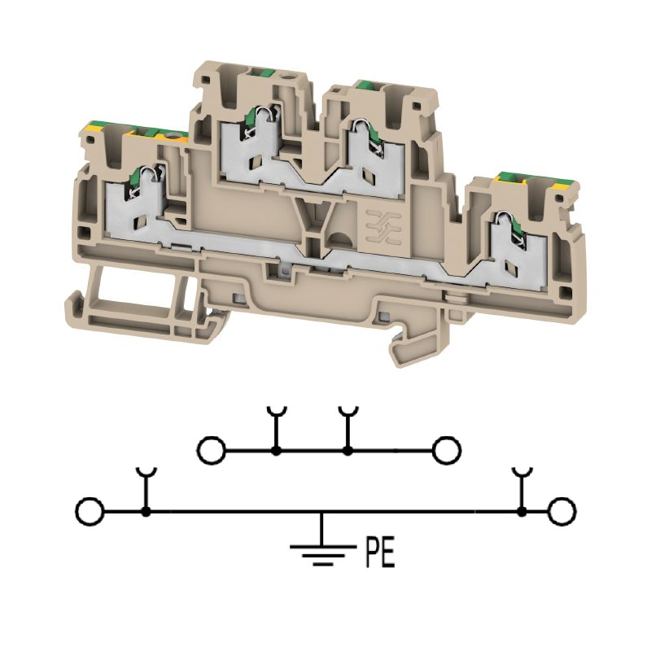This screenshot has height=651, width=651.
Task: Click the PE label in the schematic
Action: [x=380, y=553]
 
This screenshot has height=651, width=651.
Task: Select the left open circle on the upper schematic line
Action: [x=212, y=450]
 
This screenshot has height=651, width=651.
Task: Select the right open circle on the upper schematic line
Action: [x=447, y=450]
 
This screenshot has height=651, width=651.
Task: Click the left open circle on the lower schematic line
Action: [x=90, y=512]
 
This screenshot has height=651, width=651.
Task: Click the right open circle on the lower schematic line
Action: [x=561, y=511]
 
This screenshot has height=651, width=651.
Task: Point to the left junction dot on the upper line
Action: [x=275, y=451]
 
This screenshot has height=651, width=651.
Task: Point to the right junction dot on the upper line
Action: [x=348, y=451]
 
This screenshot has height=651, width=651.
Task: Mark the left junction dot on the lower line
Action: [x=146, y=512]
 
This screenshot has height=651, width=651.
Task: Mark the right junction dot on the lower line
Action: [x=522, y=512]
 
